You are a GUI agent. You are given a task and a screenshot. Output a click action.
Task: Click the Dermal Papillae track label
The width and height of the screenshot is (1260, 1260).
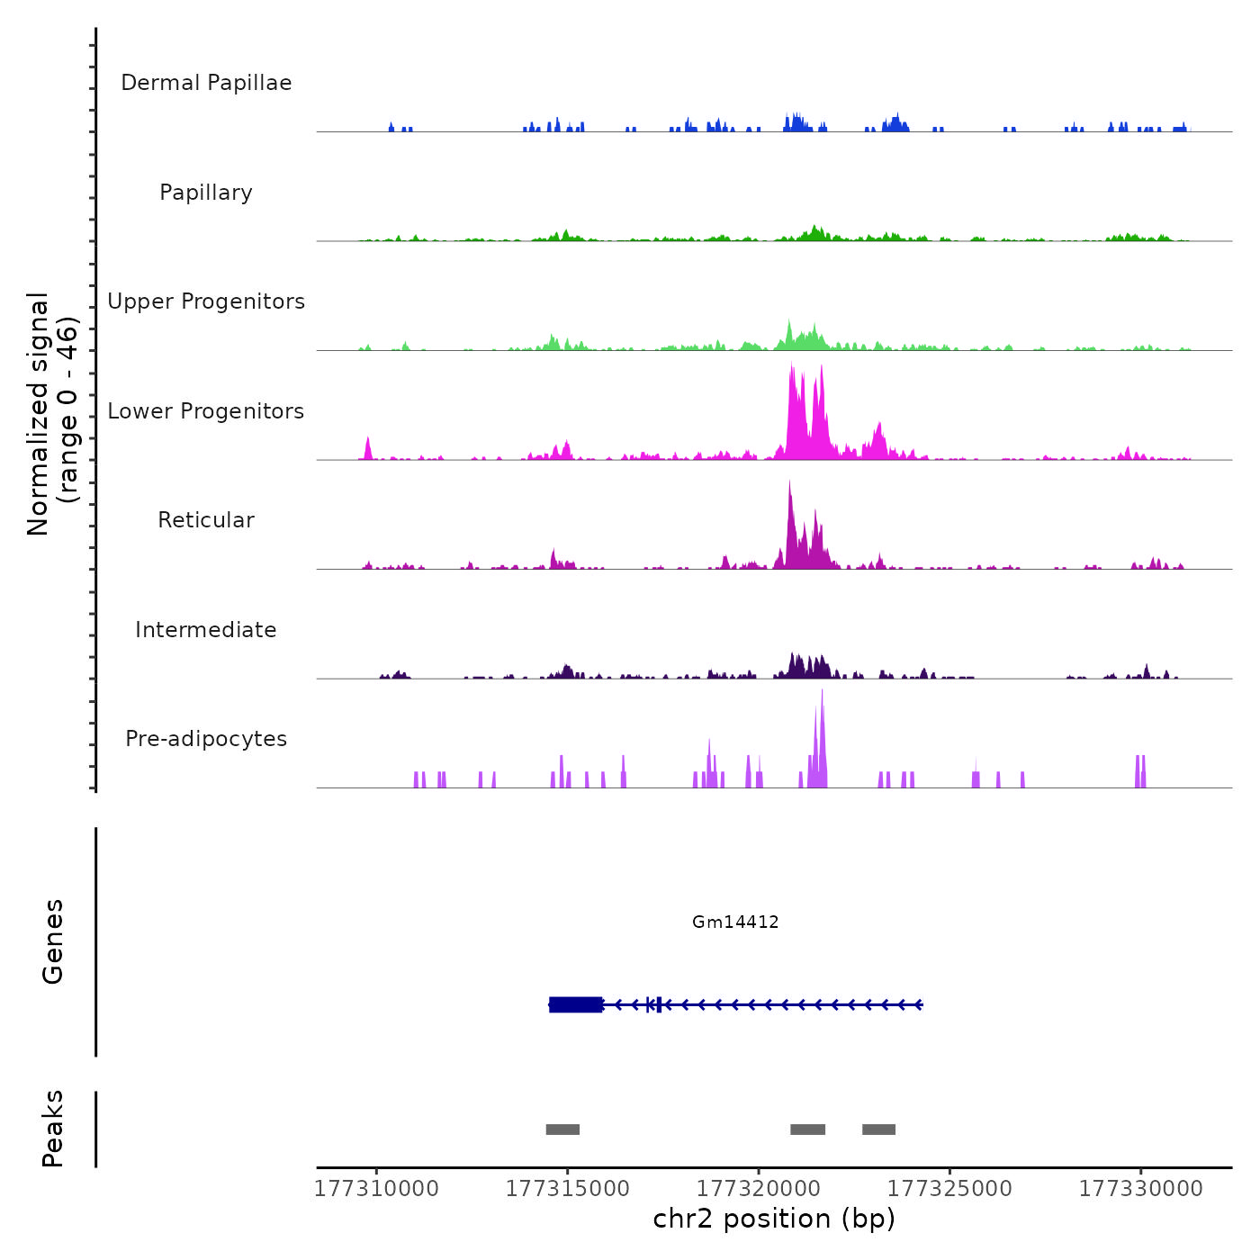point(206,83)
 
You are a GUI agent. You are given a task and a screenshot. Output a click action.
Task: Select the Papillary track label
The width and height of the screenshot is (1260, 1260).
point(206,193)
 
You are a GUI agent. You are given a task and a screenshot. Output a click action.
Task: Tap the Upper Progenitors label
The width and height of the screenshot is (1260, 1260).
point(206,301)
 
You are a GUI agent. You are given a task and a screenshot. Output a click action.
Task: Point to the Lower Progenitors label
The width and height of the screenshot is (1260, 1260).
point(206,411)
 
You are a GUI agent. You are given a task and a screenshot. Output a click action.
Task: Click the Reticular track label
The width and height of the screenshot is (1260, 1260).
point(206,520)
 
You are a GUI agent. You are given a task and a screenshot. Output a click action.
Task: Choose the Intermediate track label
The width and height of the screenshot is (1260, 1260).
point(206,630)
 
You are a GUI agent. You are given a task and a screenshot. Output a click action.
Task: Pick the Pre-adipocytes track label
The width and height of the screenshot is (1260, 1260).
point(206,739)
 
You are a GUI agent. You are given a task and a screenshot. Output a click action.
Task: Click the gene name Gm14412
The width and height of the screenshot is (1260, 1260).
point(735,922)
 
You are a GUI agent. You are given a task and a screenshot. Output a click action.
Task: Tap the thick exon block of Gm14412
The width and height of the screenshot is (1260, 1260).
point(576,1004)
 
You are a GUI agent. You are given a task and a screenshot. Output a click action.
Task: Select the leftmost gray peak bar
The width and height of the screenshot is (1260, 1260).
point(562,1129)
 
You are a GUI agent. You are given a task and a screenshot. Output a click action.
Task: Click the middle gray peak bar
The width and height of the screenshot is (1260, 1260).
point(807,1129)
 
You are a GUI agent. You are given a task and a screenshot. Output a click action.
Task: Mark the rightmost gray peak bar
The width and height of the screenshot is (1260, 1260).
point(878,1129)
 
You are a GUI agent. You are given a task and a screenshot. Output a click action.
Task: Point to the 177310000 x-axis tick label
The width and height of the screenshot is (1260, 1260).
point(376,1189)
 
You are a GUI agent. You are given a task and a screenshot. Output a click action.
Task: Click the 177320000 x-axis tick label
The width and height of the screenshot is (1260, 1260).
point(759,1189)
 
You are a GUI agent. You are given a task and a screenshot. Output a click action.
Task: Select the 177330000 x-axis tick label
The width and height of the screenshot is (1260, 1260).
point(1140,1189)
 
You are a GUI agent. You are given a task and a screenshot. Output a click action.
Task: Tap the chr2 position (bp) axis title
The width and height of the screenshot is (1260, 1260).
point(774,1219)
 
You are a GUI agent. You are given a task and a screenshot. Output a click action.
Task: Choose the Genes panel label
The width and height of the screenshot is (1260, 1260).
point(53,941)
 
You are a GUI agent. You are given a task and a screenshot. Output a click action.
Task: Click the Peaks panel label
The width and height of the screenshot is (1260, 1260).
point(53,1129)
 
